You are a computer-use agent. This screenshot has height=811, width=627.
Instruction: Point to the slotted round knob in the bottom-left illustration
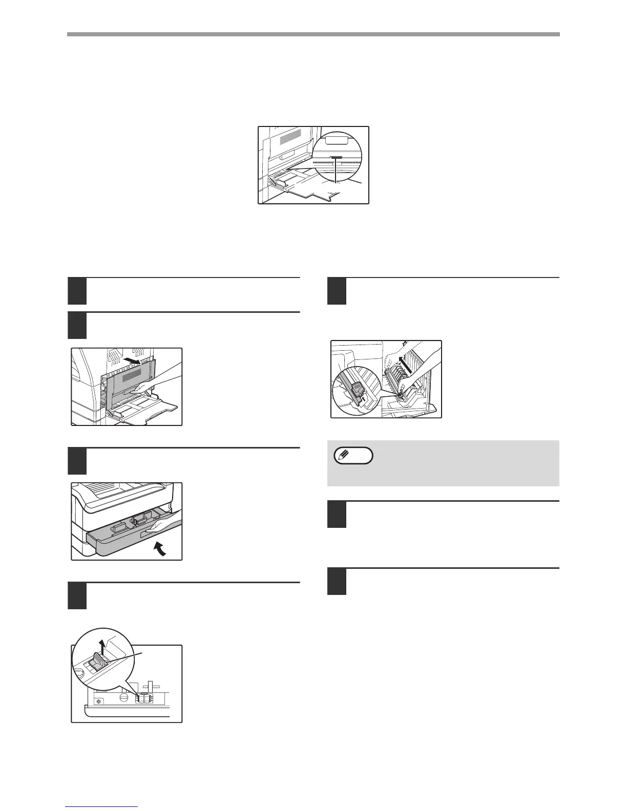123,697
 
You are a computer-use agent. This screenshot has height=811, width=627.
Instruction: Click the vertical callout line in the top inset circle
336,171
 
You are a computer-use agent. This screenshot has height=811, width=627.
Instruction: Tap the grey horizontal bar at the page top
313,34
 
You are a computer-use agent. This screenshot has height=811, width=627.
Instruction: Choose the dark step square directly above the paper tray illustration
77,461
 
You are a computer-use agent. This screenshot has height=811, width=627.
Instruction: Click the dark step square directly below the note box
337,514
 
